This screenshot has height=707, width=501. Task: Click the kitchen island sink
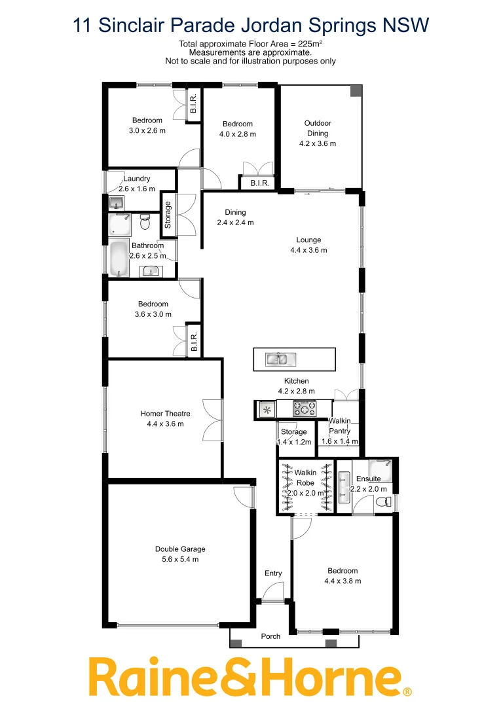tap(280, 359)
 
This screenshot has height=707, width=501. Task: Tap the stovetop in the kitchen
tap(304, 409)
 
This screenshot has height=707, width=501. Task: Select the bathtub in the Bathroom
tap(118, 260)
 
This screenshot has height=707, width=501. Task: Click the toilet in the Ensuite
tap(387, 502)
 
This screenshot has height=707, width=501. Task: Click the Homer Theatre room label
tap(165, 413)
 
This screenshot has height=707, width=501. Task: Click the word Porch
tap(270, 636)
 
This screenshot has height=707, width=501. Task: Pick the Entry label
tap(273, 573)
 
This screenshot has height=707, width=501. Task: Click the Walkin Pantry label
tap(340, 426)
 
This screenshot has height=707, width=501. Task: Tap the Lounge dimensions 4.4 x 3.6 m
tap(308, 250)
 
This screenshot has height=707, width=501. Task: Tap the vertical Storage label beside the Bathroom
tap(168, 214)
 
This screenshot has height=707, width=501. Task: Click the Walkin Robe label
tap(305, 477)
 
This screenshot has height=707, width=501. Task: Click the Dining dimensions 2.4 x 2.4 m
tap(235, 223)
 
